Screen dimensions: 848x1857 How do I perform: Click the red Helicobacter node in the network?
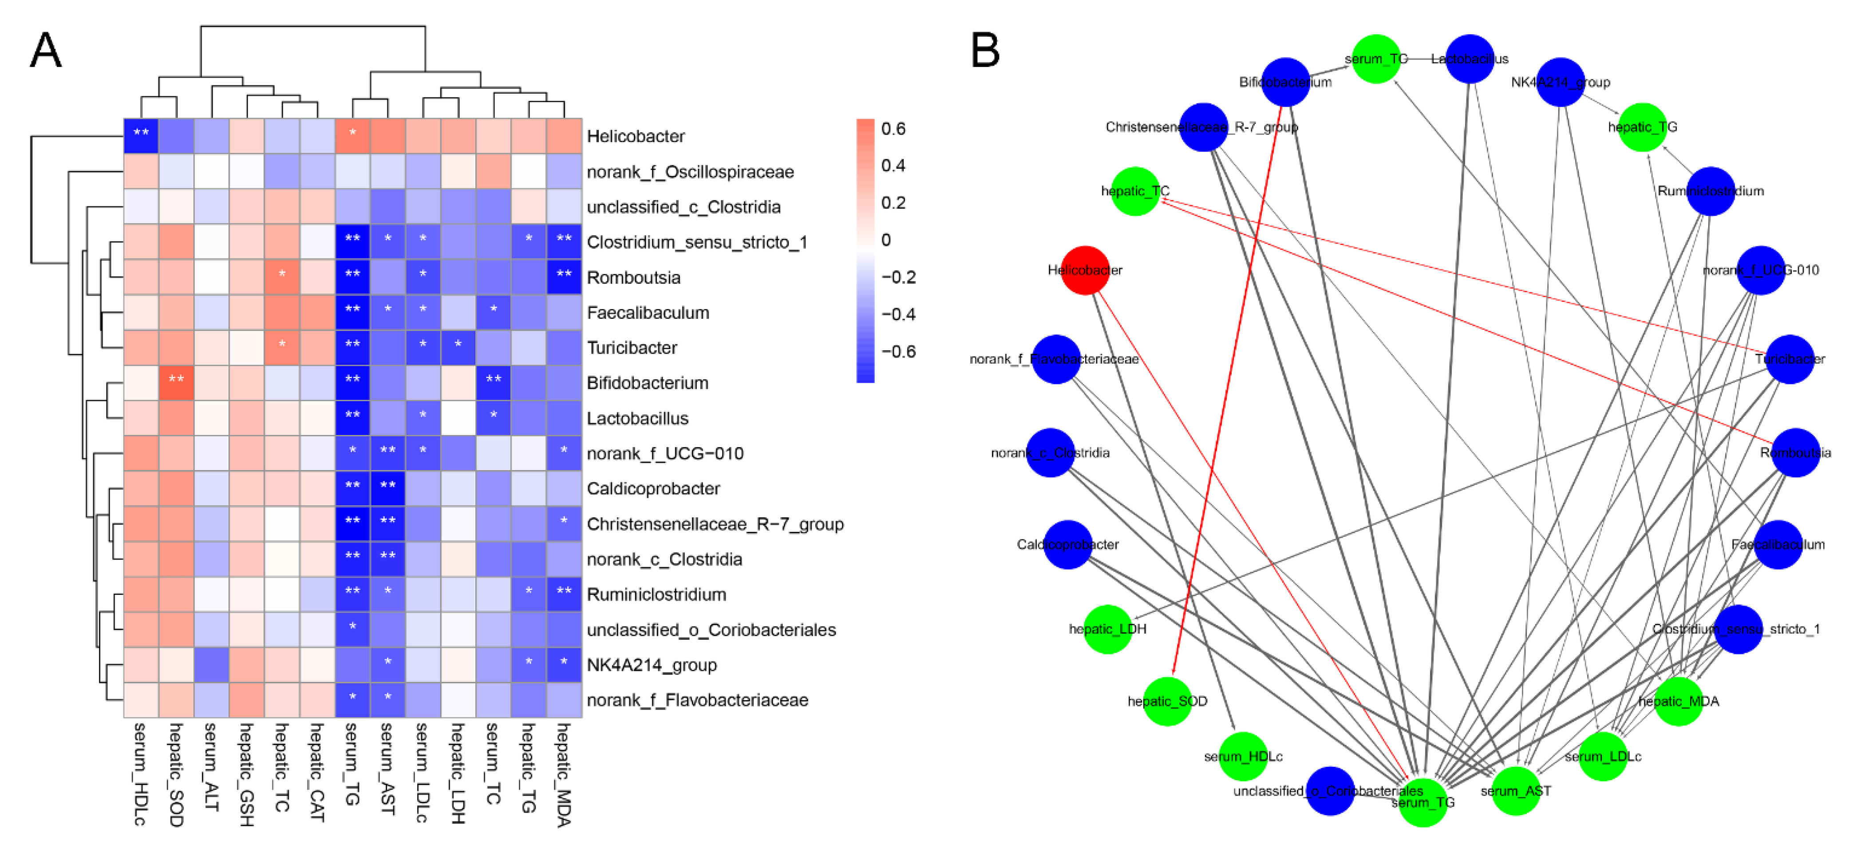tap(1084, 270)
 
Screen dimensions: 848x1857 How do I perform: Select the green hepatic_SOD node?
tap(1167, 701)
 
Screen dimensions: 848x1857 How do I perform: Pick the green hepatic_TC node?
tap(1135, 191)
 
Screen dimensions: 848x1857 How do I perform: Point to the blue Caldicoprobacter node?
tap(1067, 544)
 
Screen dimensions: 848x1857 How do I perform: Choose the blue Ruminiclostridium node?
tap(1711, 191)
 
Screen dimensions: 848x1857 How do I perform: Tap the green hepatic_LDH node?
tap(1107, 629)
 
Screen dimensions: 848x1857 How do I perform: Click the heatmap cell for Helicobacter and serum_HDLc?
tap(141, 135)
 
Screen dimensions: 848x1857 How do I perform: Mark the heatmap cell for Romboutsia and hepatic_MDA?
tap(564, 277)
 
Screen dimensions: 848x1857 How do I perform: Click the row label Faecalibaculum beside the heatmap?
tap(648, 312)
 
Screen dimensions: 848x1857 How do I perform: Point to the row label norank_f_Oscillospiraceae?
tap(690, 172)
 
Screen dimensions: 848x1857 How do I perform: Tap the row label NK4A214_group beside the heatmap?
tap(652, 665)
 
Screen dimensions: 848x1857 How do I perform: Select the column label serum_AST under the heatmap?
tap(388, 769)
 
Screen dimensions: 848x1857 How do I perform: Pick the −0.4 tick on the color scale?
tap(897, 314)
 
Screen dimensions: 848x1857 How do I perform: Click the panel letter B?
tap(985, 51)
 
